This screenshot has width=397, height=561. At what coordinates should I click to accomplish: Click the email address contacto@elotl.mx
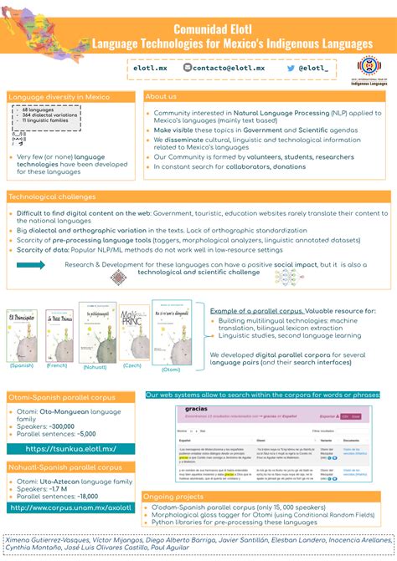point(229,67)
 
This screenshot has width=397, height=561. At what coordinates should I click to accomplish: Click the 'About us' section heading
point(161,96)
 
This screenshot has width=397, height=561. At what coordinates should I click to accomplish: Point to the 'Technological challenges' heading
point(52,196)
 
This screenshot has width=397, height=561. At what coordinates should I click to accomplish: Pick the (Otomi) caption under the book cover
point(171,369)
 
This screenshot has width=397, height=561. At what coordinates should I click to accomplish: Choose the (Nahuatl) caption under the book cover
point(96,366)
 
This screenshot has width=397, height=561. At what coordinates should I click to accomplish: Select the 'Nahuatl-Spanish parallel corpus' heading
point(60,467)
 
